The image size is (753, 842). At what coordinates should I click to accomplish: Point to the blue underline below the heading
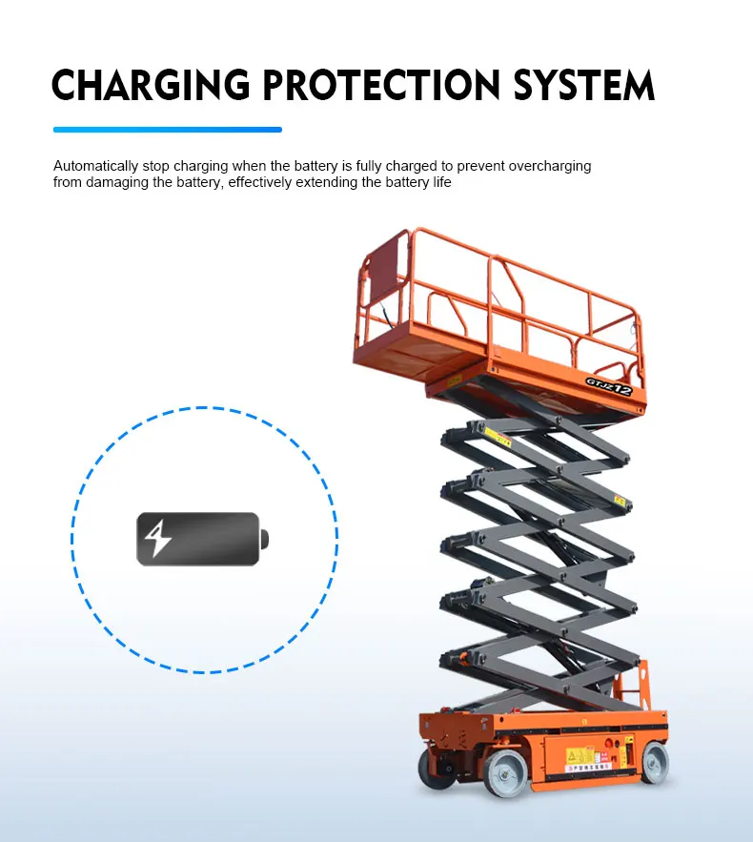[168, 129]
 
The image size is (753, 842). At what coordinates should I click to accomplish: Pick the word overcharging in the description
[550, 166]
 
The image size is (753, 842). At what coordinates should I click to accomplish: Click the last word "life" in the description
[440, 182]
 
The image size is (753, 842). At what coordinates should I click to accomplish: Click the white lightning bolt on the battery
[157, 540]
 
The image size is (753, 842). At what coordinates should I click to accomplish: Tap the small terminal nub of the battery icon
[265, 540]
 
